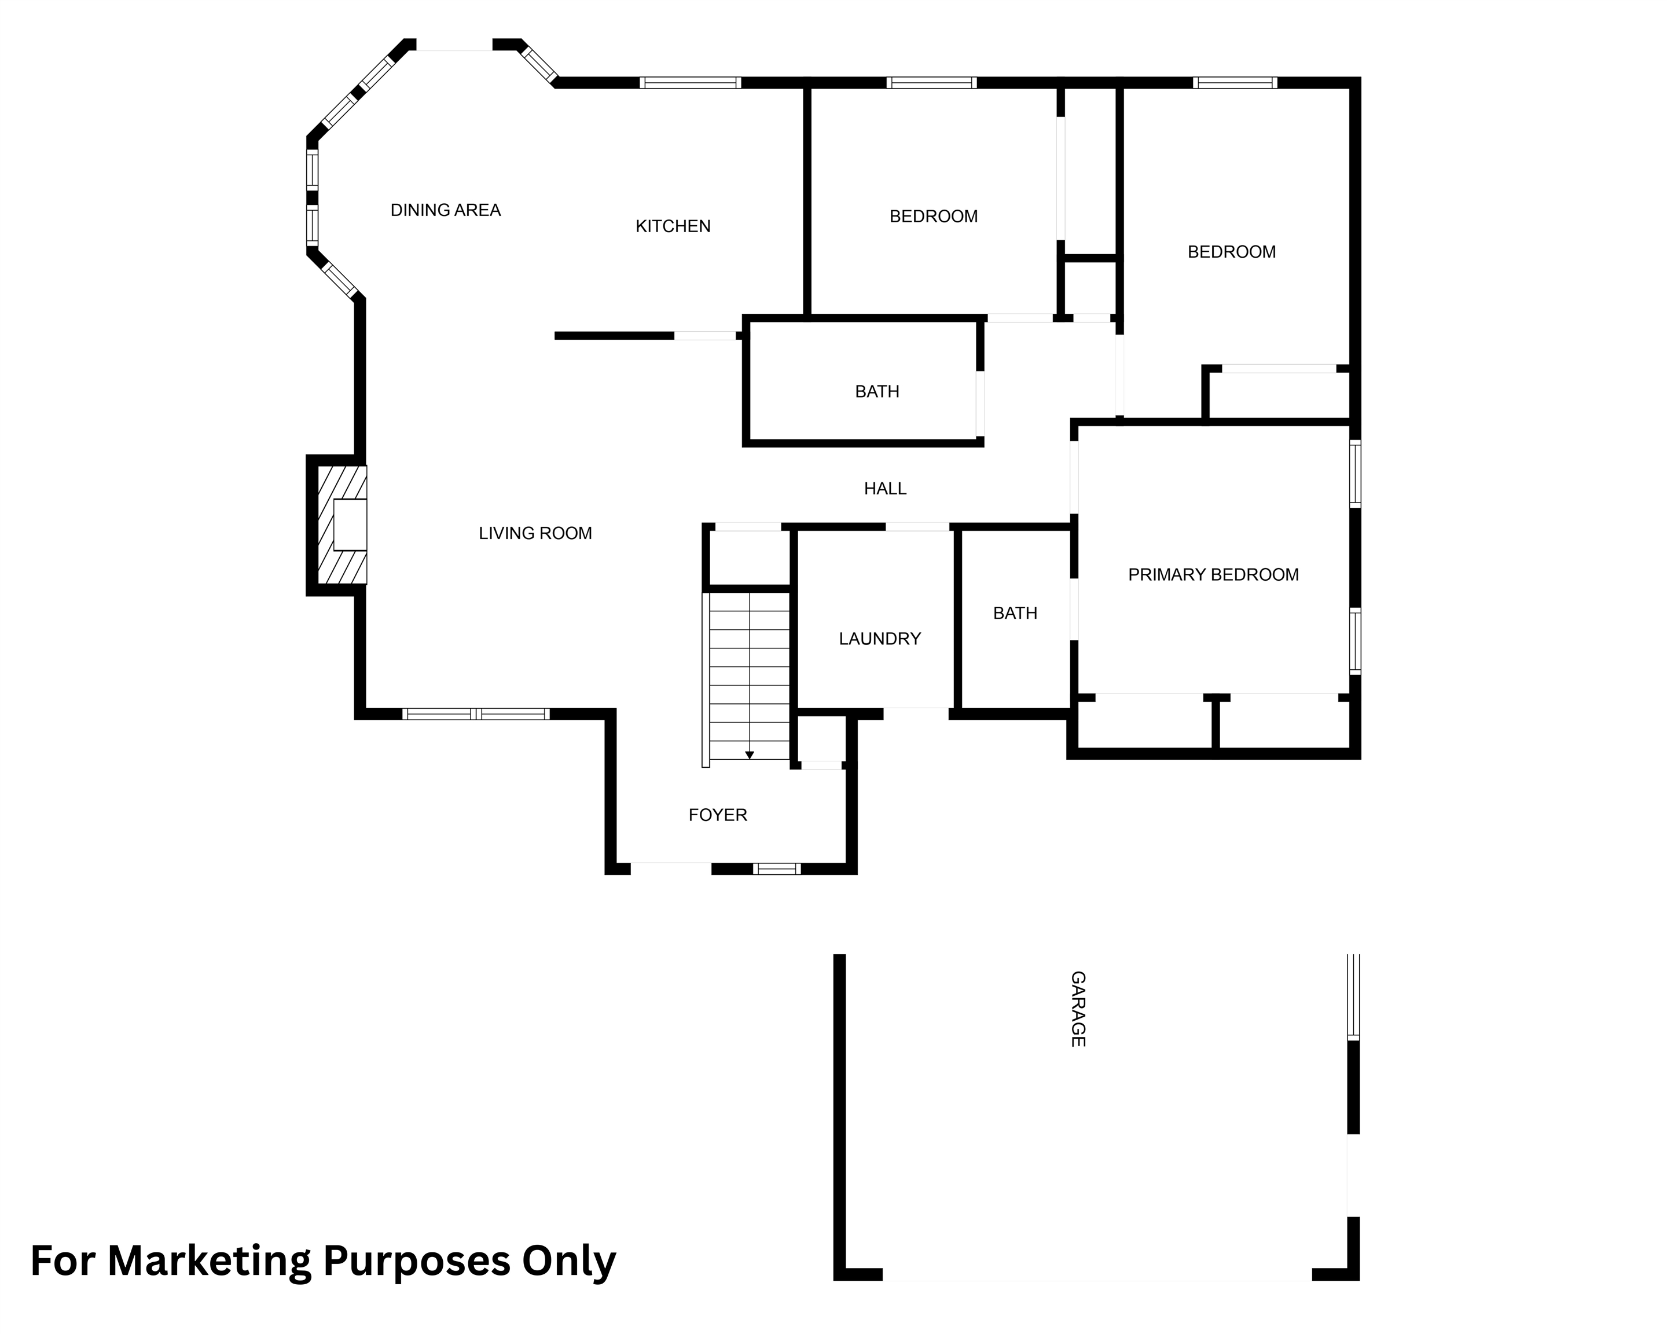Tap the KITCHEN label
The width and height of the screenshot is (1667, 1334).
(673, 226)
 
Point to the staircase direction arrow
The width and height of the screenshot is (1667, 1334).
(749, 754)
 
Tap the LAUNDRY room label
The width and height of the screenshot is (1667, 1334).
(880, 639)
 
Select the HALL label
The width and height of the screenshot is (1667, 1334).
(885, 489)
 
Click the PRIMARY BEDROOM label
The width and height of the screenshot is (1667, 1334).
(1213, 574)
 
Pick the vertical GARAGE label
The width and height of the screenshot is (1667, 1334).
(1078, 1010)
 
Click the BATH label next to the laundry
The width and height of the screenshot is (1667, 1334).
(1015, 613)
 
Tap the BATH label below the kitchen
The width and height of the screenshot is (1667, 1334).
(877, 392)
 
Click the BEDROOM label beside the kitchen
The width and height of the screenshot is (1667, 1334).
(933, 217)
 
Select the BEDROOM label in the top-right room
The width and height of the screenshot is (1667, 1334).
(1232, 252)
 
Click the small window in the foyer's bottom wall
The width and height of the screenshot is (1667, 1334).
(777, 869)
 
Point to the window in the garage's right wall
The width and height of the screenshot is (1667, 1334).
(1353, 997)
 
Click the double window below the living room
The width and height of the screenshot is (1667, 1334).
(476, 714)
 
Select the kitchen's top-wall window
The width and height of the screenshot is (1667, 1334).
(691, 83)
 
